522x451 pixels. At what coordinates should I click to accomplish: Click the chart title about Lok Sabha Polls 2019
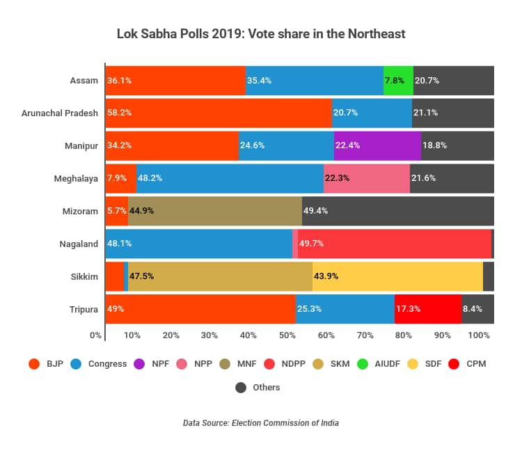pyautogui.click(x=260, y=33)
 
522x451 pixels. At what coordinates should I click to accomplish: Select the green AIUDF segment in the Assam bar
pyautogui.click(x=398, y=80)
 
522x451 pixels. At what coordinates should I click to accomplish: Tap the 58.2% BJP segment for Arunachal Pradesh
pyautogui.click(x=218, y=113)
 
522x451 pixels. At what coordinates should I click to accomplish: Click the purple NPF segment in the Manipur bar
pyautogui.click(x=377, y=145)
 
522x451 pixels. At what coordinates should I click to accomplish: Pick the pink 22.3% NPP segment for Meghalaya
pyautogui.click(x=366, y=178)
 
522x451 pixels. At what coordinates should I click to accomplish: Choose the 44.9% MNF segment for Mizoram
pyautogui.click(x=214, y=211)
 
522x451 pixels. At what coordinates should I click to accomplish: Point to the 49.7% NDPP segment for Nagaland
pyautogui.click(x=394, y=244)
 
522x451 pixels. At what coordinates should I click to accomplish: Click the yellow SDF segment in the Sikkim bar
pyautogui.click(x=397, y=276)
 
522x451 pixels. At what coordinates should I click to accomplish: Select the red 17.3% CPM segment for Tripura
pyautogui.click(x=427, y=309)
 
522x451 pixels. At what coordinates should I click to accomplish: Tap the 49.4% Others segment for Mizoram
pyautogui.click(x=397, y=211)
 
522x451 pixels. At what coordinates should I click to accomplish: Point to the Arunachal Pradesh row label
pyautogui.click(x=60, y=113)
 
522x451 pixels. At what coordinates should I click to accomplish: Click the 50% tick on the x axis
pyautogui.click(x=287, y=335)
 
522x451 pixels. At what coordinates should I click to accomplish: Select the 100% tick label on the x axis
pyautogui.click(x=479, y=335)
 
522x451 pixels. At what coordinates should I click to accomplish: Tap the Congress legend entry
pyautogui.click(x=102, y=363)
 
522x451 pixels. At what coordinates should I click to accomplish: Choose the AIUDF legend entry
pyautogui.click(x=380, y=363)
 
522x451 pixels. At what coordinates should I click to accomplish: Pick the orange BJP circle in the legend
pyautogui.click(x=33, y=363)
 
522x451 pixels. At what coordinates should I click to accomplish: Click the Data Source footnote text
pyautogui.click(x=260, y=422)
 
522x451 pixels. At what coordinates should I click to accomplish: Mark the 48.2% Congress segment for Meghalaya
pyautogui.click(x=230, y=178)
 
